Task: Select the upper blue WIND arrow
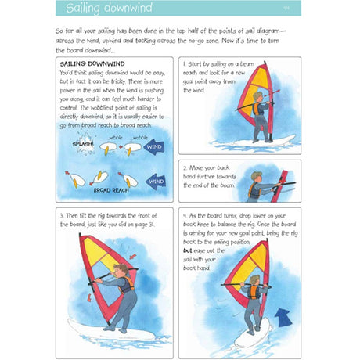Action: (157, 146)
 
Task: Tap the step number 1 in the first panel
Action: (182, 63)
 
